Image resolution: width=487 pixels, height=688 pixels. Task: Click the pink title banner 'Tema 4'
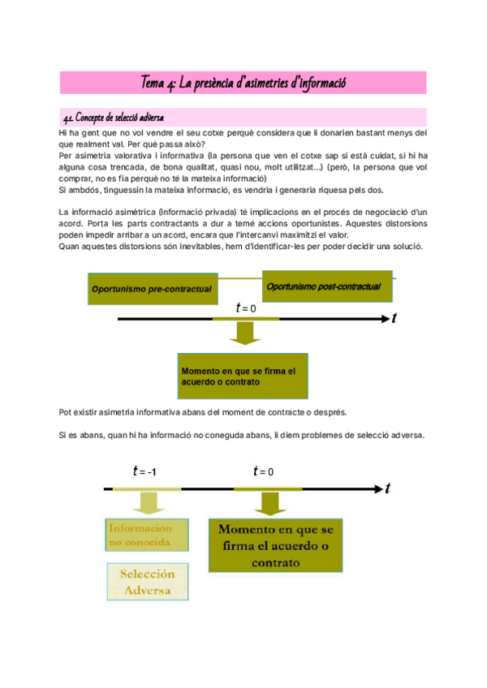click(x=243, y=83)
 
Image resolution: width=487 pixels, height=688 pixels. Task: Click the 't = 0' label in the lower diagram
click(x=264, y=471)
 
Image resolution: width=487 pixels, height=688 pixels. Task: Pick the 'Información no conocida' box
click(x=146, y=534)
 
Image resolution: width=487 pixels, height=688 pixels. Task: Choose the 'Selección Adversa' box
click(x=147, y=581)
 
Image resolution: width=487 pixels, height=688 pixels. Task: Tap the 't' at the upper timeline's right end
click(x=394, y=319)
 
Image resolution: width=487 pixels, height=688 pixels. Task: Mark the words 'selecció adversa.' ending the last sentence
click(x=389, y=435)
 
